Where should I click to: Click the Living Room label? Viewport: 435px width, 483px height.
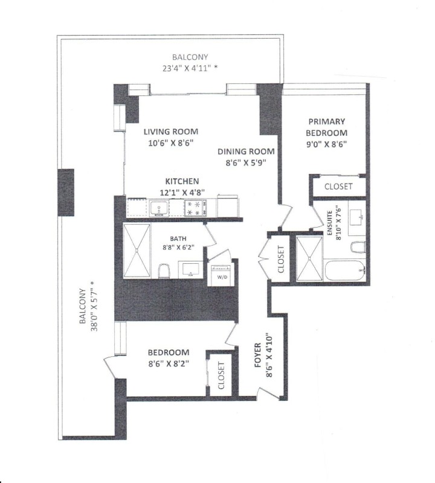pyautogui.click(x=170, y=132)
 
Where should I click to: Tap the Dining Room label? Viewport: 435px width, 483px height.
pyautogui.click(x=246, y=152)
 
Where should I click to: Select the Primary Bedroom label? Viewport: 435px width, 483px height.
pyautogui.click(x=326, y=127)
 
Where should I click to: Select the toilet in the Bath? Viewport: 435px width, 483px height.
pyautogui.click(x=163, y=271)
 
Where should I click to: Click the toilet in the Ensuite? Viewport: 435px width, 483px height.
pyautogui.click(x=358, y=248)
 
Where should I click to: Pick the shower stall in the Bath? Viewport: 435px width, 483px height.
pyautogui.click(x=138, y=251)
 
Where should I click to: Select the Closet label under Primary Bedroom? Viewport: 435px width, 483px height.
pyautogui.click(x=338, y=187)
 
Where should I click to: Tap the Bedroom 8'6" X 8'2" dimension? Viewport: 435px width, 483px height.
pyautogui.click(x=169, y=363)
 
